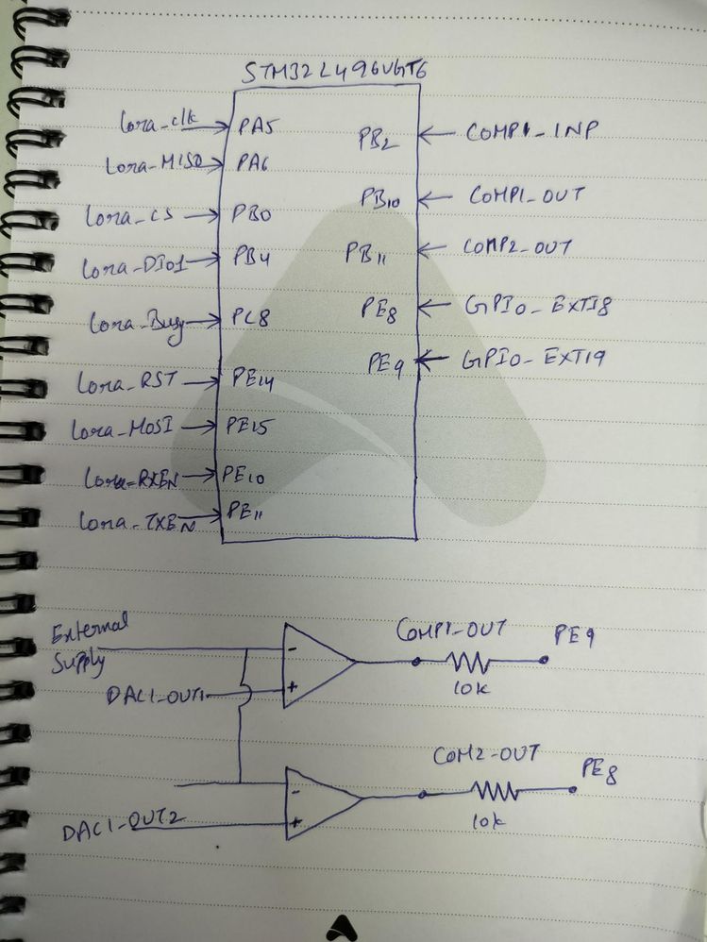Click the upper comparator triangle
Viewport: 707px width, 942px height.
pyautogui.click(x=315, y=664)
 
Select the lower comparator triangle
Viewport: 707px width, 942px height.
pyautogui.click(x=321, y=802)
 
